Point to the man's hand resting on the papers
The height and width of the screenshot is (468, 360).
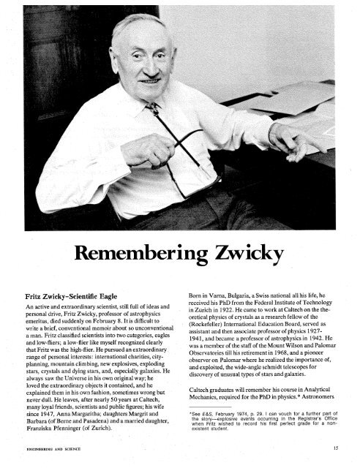(x=293, y=139)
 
